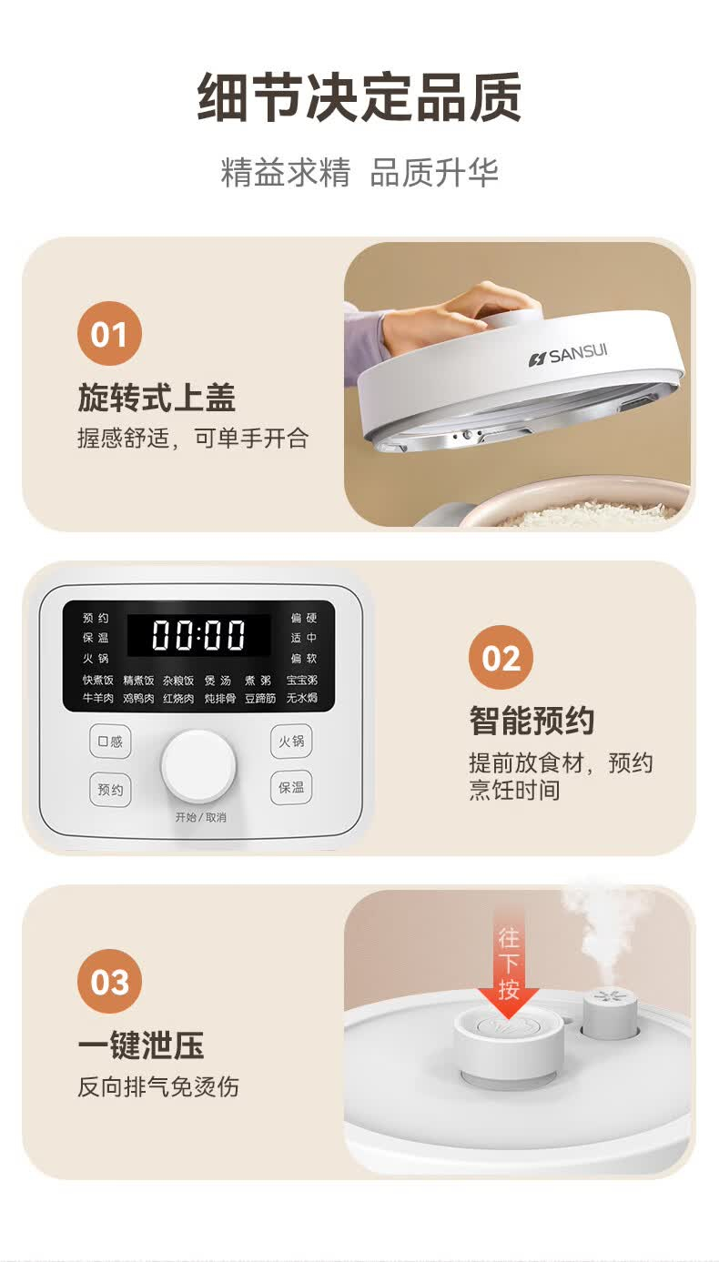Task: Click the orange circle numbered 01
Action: (x=109, y=334)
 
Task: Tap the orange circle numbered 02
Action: (x=501, y=658)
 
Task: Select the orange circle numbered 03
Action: (x=109, y=982)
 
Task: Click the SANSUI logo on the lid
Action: (x=568, y=356)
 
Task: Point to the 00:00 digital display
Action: (x=198, y=635)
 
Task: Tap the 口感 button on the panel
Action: (x=110, y=741)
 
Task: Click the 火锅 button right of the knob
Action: (x=291, y=741)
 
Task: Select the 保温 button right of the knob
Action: (x=291, y=787)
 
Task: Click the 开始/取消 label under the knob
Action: (x=200, y=817)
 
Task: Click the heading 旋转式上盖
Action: (x=157, y=398)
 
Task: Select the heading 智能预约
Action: (x=532, y=721)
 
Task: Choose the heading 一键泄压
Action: (x=141, y=1045)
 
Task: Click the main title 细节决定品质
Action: (x=359, y=97)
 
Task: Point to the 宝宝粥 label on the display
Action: (x=301, y=681)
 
